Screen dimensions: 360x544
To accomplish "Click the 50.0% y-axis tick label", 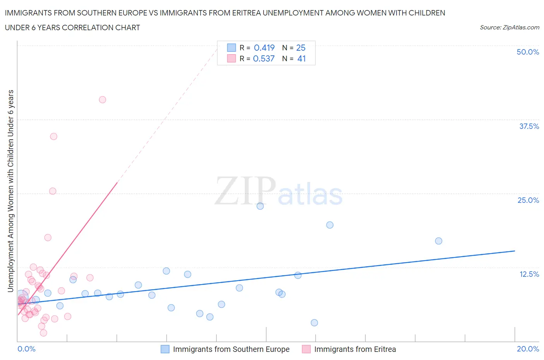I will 528,52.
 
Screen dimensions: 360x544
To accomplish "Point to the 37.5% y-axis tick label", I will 529,126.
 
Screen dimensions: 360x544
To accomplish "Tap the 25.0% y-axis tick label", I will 528,200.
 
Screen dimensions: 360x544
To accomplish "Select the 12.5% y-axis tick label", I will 529,274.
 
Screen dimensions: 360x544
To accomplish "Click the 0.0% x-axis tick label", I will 26,349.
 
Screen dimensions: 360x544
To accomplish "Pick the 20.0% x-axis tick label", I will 528,349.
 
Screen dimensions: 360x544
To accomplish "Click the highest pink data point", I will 103,99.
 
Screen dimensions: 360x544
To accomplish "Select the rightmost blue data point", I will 438,241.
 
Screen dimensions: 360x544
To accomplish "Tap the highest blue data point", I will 260,206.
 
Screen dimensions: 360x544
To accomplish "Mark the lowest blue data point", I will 314,322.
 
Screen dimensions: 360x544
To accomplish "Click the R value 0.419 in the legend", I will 264,48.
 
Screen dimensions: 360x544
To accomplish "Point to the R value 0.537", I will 263,58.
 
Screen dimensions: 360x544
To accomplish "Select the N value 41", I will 301,58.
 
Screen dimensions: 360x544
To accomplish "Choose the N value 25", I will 301,48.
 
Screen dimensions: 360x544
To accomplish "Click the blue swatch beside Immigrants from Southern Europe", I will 165,349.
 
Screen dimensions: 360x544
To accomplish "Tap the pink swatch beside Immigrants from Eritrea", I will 306,349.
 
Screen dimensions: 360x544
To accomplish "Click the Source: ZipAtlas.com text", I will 509,27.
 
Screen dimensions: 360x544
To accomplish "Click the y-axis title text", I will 10,191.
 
